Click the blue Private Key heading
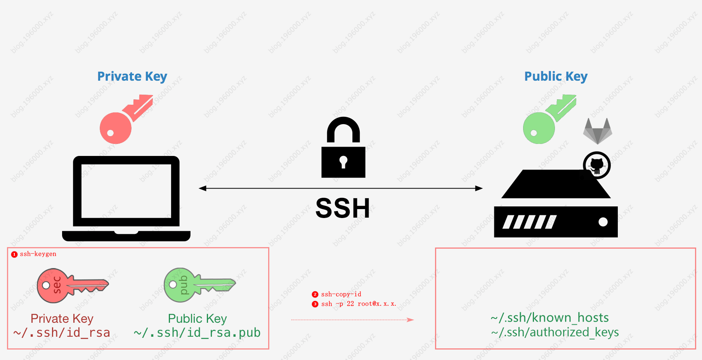(132, 76)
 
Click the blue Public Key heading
(556, 76)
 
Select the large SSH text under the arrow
(343, 208)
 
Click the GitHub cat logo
(597, 165)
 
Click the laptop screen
(126, 191)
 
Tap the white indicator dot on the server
(603, 222)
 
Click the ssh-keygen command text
(38, 254)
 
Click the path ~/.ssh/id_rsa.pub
(197, 333)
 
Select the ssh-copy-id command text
(341, 294)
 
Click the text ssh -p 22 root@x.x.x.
(359, 304)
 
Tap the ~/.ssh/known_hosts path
(549, 318)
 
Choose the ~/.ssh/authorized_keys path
(555, 332)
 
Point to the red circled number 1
(14, 254)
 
